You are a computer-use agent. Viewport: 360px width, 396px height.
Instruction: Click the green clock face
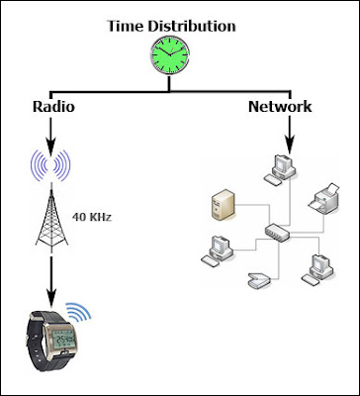tap(170, 54)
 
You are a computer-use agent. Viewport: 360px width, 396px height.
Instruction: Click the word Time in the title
tap(126, 26)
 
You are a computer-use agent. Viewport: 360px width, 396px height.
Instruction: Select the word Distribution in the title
tap(192, 26)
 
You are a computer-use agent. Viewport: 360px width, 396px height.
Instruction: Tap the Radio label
tap(53, 107)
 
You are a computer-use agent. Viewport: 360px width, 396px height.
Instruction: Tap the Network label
tap(280, 107)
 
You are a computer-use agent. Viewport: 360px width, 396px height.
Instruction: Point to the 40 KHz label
tap(92, 217)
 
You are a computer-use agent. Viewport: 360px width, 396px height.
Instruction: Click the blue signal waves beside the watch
tap(79, 312)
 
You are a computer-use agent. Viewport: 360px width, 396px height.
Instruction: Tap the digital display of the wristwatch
tap(65, 339)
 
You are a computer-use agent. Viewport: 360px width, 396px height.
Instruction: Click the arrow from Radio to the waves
tap(50, 137)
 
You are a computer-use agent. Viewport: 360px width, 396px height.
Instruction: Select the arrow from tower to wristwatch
tap(51, 281)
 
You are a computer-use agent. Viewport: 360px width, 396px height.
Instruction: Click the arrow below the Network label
tap(290, 136)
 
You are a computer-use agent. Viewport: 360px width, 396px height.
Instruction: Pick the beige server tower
tap(224, 205)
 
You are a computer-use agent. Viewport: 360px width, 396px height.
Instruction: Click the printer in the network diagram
tap(323, 199)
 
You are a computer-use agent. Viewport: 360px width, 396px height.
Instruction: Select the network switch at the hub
tap(277, 233)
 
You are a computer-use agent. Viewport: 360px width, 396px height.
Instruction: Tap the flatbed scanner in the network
tap(259, 281)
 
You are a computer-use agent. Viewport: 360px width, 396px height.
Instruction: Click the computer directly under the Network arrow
tap(280, 170)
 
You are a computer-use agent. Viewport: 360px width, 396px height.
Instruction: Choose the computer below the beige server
tap(217, 251)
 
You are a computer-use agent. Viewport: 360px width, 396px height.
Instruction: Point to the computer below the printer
tap(317, 269)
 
